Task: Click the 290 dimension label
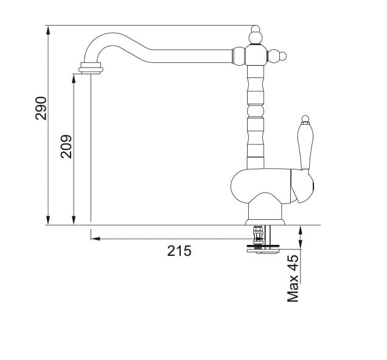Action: pyautogui.click(x=41, y=107)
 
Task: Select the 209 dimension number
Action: pyautogui.click(x=66, y=146)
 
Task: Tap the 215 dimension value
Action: pyautogui.click(x=180, y=250)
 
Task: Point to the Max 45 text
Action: pyautogui.click(x=293, y=279)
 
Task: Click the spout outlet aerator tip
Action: pyautogui.click(x=90, y=67)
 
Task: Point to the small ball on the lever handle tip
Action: pyautogui.click(x=305, y=118)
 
